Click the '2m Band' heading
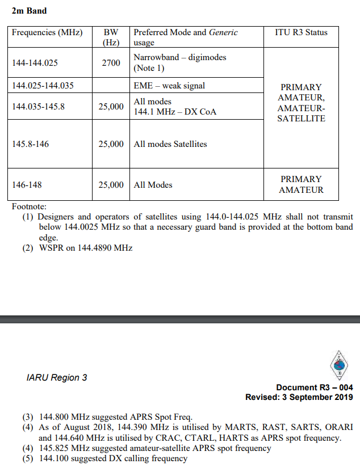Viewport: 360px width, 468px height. click(29, 11)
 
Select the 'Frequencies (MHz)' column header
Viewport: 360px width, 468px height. click(47, 32)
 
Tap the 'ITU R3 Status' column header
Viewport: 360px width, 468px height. click(301, 32)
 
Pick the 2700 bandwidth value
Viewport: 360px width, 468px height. click(111, 63)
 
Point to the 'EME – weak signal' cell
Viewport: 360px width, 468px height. click(169, 86)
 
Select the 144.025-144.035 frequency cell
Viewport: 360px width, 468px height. click(43, 86)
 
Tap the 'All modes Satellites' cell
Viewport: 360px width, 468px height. click(170, 144)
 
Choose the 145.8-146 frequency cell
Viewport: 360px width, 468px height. click(31, 144)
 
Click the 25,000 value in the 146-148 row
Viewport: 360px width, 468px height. click(111, 185)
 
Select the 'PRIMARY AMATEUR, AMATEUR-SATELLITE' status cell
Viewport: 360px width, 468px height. click(301, 103)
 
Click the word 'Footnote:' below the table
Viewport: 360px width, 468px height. click(29, 206)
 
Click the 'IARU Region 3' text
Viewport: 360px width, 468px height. click(57, 378)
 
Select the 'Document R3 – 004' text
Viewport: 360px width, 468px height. click(314, 387)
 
